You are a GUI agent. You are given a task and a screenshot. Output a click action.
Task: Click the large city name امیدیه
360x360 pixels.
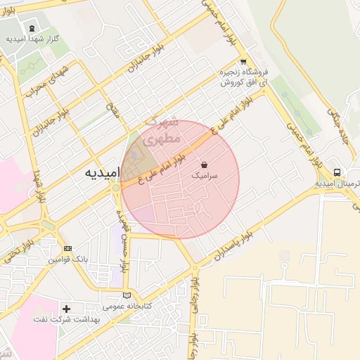(x=103, y=172)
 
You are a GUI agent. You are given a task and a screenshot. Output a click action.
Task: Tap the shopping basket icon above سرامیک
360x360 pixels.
(x=204, y=163)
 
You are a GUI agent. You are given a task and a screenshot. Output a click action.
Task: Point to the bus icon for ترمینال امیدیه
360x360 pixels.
(x=337, y=172)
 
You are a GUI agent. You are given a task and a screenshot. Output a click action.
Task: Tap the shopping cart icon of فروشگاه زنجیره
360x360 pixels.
(x=243, y=62)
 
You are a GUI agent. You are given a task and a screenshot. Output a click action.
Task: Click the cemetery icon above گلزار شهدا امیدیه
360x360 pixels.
(x=32, y=29)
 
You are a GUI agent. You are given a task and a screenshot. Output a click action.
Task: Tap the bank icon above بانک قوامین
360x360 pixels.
(x=67, y=248)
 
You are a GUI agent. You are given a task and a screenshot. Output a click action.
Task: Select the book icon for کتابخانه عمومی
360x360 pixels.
(x=127, y=295)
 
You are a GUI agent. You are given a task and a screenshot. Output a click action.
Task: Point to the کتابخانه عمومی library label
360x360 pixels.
(x=124, y=307)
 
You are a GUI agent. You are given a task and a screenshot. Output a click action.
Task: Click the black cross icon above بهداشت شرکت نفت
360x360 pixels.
(x=67, y=308)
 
